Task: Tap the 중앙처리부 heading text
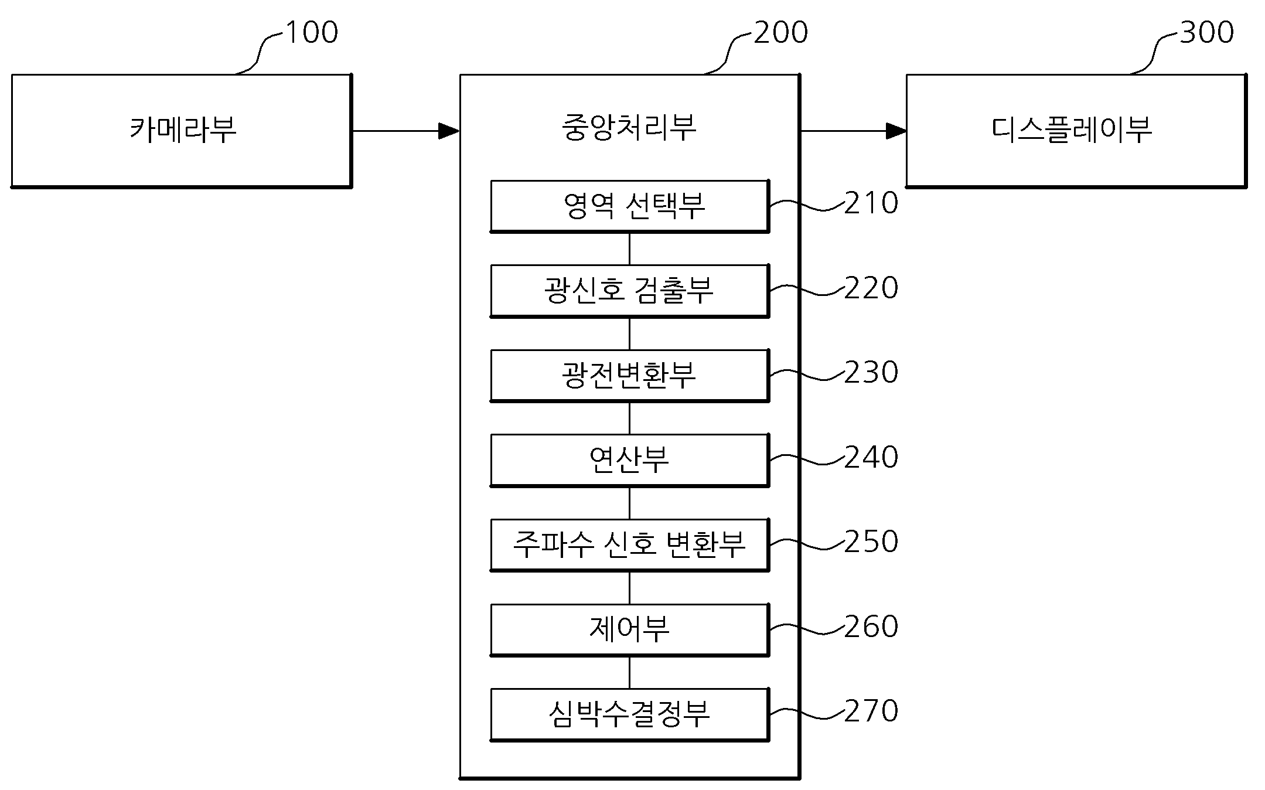tap(629, 128)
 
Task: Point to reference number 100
tap(312, 32)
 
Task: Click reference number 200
tap(780, 32)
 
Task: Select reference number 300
tap(1207, 32)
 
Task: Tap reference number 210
tap(871, 203)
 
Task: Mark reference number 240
tap(871, 457)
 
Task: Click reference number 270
tap(871, 711)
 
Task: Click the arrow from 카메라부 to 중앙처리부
tap(406, 131)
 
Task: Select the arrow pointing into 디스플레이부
tap(853, 131)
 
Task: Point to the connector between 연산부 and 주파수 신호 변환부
tap(630, 503)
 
